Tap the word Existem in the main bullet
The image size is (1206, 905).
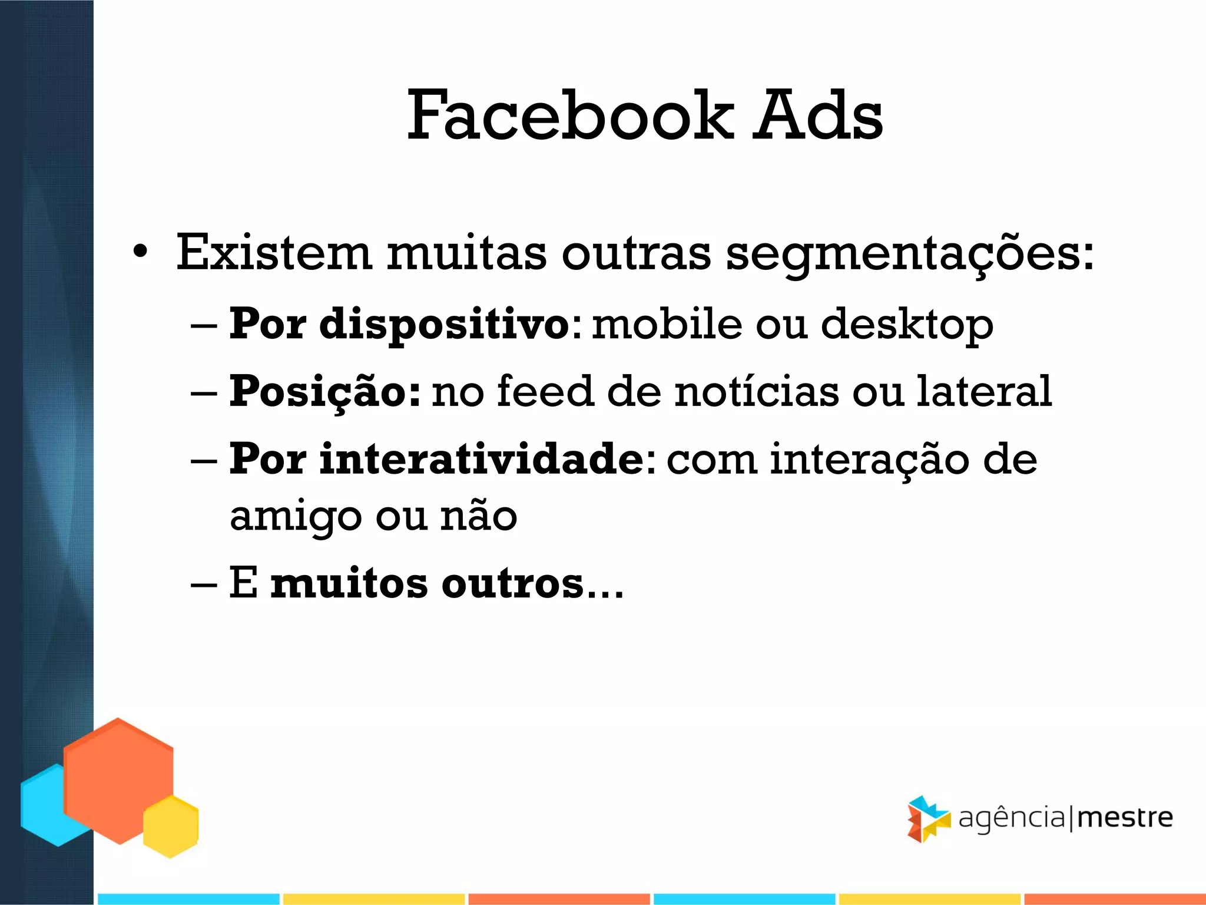point(274,253)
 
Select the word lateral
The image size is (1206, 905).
point(984,391)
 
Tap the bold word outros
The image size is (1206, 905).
point(512,584)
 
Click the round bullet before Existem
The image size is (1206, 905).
point(140,252)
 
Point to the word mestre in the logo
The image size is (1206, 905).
point(1125,818)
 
